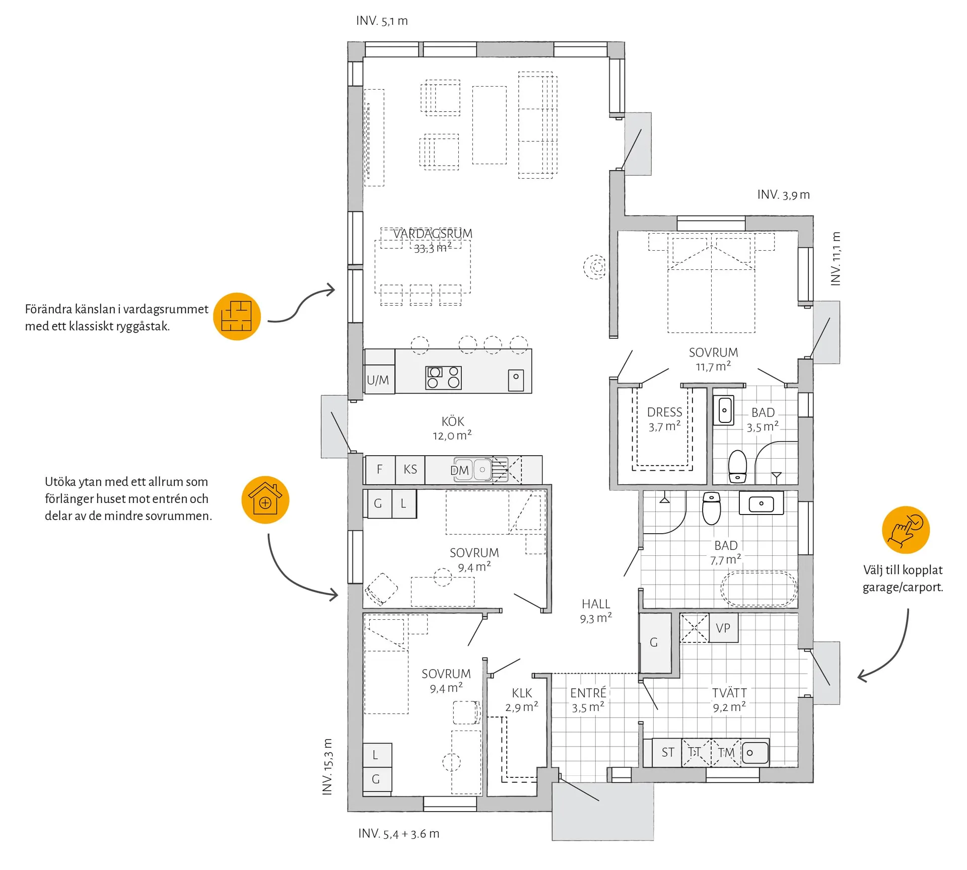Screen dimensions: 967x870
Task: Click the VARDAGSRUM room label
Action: point(433,234)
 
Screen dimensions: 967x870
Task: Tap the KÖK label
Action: point(453,421)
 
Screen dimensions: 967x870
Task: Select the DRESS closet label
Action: point(664,412)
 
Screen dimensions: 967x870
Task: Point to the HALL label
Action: point(596,604)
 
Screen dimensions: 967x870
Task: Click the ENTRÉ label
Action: point(588,693)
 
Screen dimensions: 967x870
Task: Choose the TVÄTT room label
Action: point(729,693)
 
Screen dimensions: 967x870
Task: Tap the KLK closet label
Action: point(522,693)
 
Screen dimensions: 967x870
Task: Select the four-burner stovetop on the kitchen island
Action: point(444,378)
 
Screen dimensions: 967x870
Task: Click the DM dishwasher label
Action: point(459,470)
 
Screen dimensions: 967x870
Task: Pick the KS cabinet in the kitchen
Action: point(410,469)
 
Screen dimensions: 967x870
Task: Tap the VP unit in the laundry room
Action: point(723,628)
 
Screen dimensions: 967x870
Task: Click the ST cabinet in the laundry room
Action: point(667,752)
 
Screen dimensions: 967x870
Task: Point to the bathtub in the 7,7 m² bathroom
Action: point(759,588)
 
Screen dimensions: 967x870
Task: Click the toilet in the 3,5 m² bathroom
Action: point(738,466)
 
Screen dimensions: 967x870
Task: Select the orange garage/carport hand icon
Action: point(906,530)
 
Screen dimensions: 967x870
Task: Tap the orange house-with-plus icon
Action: point(265,500)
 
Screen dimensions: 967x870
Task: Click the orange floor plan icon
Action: point(237,317)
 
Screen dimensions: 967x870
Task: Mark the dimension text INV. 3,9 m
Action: point(784,195)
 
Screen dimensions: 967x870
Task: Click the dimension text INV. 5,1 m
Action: point(382,21)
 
